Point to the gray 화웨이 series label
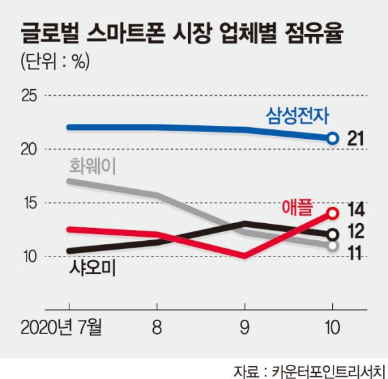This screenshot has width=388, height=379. point(93,165)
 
